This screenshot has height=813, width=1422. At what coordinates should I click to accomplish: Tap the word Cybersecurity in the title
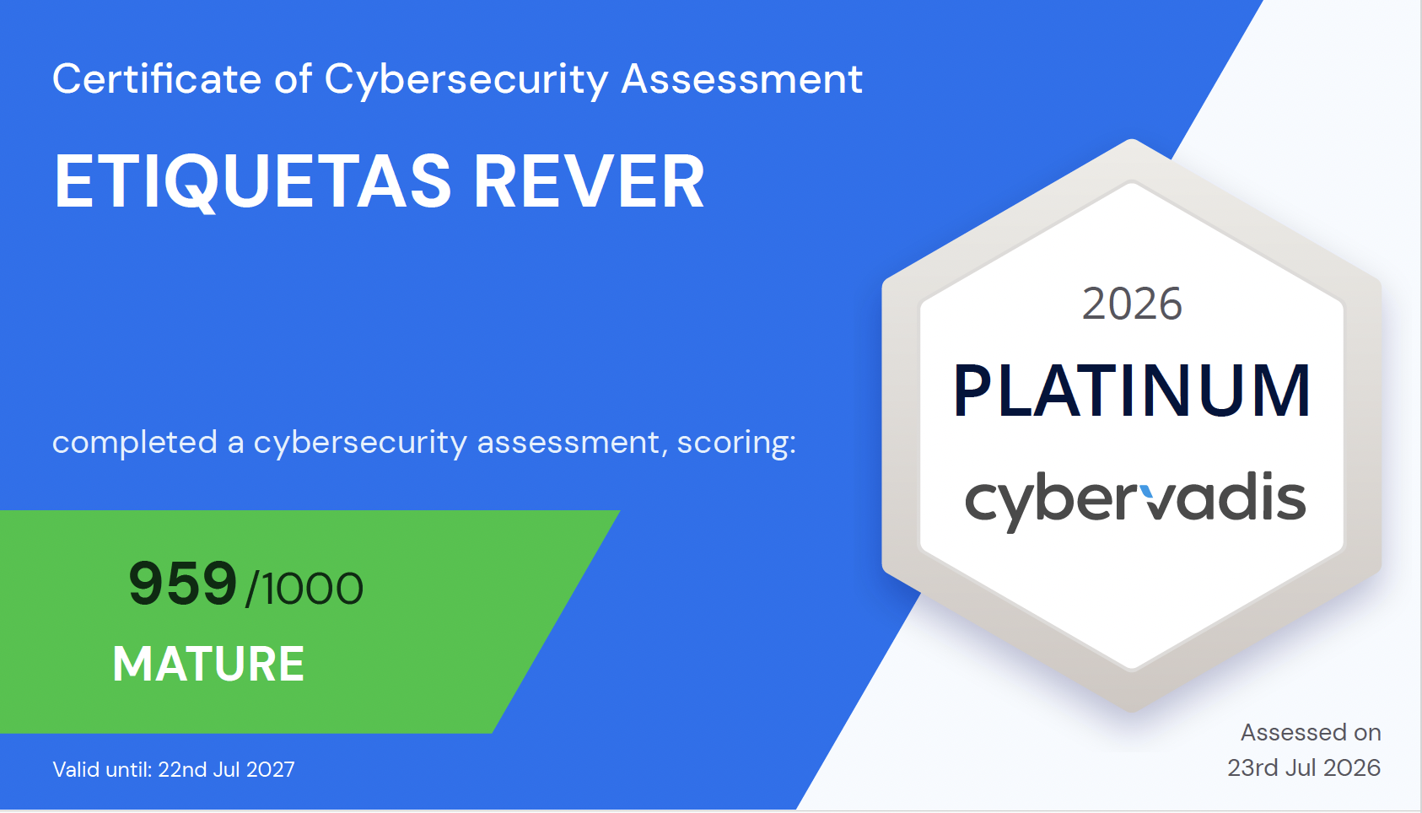(466, 81)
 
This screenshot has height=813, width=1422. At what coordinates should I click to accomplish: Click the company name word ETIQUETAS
(253, 182)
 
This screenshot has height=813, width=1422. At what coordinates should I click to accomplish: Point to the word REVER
(589, 181)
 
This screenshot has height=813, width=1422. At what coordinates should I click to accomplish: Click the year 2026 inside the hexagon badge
(1132, 304)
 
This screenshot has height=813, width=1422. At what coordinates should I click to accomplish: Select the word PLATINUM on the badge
(1132, 391)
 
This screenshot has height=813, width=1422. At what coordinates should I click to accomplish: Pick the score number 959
(183, 584)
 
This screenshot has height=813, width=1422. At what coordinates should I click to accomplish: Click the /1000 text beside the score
(304, 589)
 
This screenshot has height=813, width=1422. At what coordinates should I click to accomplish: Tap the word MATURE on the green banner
(209, 664)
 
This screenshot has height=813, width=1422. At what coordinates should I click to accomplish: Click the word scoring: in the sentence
(736, 444)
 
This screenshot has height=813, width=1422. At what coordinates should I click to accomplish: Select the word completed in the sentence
(135, 442)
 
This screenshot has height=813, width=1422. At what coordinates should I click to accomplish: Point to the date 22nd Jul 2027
(227, 769)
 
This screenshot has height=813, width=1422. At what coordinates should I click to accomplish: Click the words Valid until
(102, 769)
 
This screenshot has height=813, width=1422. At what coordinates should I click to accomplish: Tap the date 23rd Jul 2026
(1304, 768)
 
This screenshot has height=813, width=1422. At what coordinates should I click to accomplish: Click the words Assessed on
(1311, 732)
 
